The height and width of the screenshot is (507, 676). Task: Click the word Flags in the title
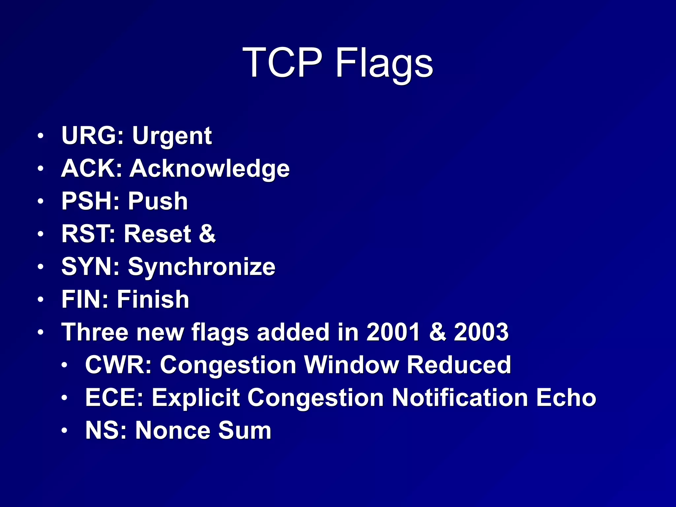(x=384, y=63)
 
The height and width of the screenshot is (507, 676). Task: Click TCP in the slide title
(x=282, y=63)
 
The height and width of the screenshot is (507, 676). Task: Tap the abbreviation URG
(x=92, y=136)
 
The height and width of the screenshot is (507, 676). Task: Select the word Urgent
(x=172, y=136)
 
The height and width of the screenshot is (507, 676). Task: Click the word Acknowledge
(x=210, y=169)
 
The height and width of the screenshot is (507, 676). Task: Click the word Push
(x=158, y=201)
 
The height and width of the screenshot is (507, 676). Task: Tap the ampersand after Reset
(x=207, y=234)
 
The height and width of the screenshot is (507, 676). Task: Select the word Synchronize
(x=201, y=267)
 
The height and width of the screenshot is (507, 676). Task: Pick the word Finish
(x=153, y=299)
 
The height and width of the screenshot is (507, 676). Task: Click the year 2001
(x=393, y=332)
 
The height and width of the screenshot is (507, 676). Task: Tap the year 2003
(x=481, y=332)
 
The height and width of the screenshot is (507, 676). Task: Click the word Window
(x=351, y=365)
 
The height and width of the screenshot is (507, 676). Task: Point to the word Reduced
(x=459, y=365)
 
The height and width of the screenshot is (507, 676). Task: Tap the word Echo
(x=566, y=397)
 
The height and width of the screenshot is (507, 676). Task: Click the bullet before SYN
(x=40, y=267)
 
